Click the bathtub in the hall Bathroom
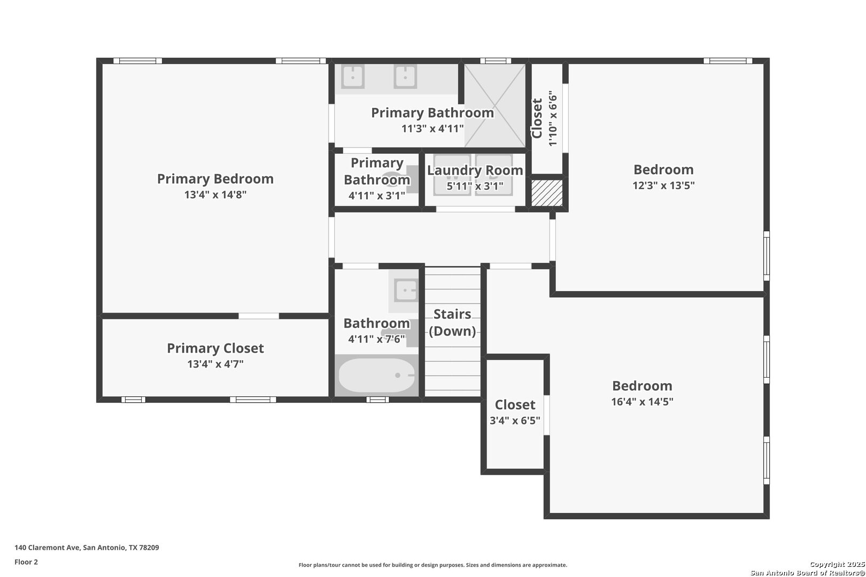point(376,375)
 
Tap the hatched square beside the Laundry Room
point(547,192)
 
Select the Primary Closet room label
point(215,348)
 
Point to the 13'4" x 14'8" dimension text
point(215,194)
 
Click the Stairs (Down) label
point(452,323)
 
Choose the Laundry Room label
point(475,170)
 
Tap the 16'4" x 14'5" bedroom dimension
point(642,402)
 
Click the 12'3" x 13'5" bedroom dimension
point(663,185)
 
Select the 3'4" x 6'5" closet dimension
point(515,420)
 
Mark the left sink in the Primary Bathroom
point(353,76)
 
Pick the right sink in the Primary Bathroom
point(405,76)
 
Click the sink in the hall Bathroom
point(406,290)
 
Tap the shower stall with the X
point(495,105)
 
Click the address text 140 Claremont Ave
point(47,547)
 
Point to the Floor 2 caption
point(26,562)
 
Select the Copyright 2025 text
point(837,564)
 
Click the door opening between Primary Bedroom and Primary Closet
point(259,316)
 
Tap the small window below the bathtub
point(378,399)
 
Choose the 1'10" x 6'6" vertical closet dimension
point(553,118)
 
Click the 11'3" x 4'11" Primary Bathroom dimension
point(432,128)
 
